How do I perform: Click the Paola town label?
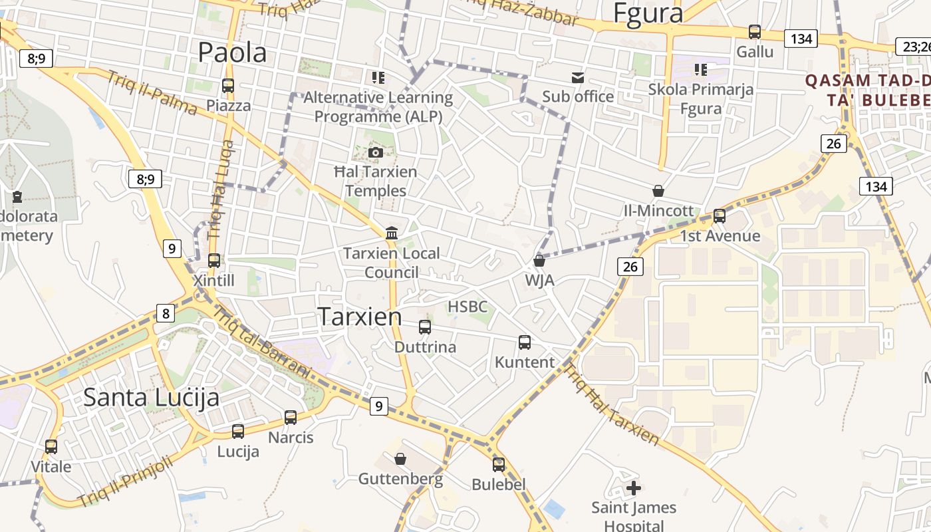point(232,53)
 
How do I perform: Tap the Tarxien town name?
point(359,317)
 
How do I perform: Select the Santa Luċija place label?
point(151,397)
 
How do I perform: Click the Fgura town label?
point(648,13)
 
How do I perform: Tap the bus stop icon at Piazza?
point(228,86)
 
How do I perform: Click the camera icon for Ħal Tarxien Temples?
point(376,152)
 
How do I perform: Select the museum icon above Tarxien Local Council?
point(392,233)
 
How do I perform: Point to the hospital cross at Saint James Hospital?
point(634,489)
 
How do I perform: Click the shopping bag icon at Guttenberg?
point(400,459)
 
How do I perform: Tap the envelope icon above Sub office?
point(577,78)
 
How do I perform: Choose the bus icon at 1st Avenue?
point(720,216)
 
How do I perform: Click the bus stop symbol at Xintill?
point(214,261)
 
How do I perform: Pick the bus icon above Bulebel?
point(499,465)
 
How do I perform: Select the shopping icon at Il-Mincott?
point(658,191)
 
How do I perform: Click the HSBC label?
point(467,307)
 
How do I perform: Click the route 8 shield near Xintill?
point(166,313)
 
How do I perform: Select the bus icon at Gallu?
point(755,32)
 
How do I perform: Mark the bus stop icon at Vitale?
point(51,447)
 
